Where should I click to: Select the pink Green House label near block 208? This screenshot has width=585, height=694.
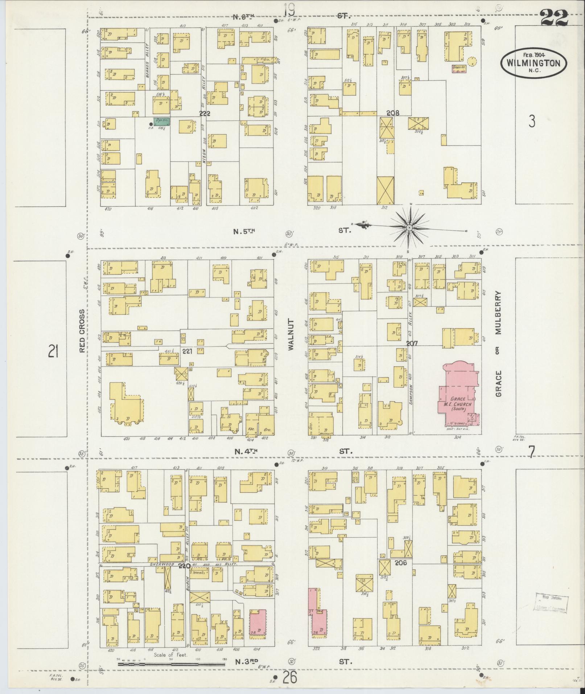point(458,68)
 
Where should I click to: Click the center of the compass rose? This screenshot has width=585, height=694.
point(409,227)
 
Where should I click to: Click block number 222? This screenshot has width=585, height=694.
point(205,114)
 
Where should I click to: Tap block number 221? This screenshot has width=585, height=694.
point(187,351)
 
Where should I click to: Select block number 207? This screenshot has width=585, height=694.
point(412,343)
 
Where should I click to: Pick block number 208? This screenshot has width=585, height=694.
point(392,113)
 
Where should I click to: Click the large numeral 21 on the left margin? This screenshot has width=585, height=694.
point(53,351)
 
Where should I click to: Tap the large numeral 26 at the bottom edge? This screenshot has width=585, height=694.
point(290,677)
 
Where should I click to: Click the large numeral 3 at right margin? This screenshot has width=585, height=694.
point(531,122)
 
